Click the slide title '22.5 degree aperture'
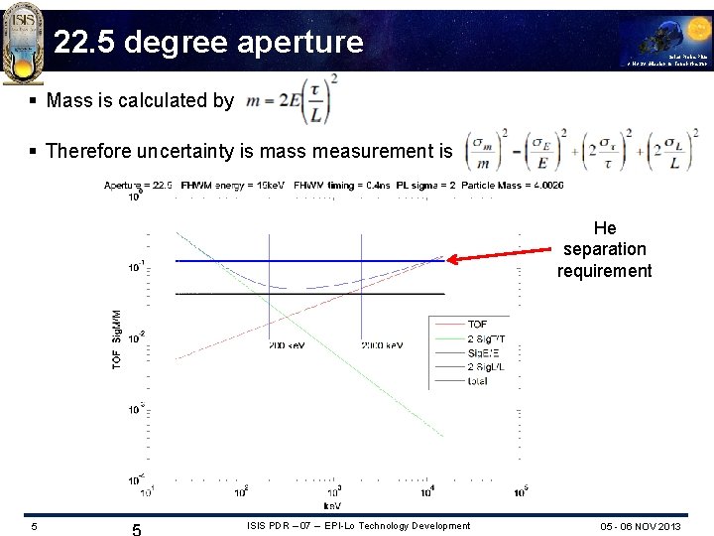click(208, 42)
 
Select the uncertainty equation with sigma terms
click(576, 151)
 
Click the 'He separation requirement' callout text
click(604, 249)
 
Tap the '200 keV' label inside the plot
click(287, 344)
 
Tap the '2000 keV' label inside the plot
click(382, 344)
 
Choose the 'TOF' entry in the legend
click(477, 325)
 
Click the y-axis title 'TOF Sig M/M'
click(116, 338)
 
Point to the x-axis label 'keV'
click(331, 505)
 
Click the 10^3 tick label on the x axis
click(334, 490)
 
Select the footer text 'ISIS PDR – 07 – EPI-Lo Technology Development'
click(358, 525)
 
